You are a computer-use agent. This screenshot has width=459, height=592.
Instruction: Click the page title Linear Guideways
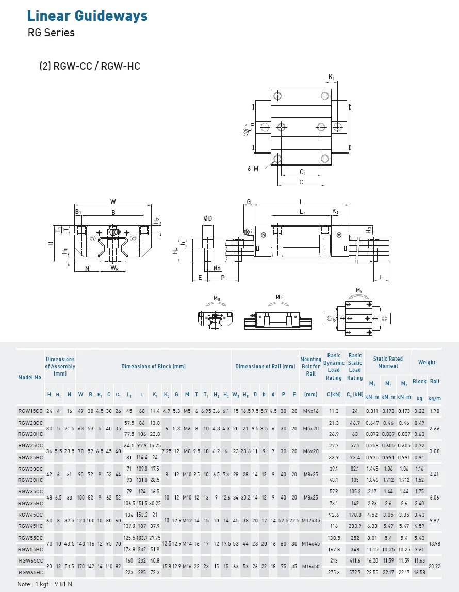pyautogui.click(x=87, y=15)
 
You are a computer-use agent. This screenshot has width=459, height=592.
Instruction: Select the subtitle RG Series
pyautogui.click(x=51, y=33)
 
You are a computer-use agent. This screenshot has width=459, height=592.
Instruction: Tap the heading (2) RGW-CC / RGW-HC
pyautogui.click(x=90, y=66)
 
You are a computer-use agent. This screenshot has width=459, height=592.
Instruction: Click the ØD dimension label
pyautogui.click(x=208, y=219)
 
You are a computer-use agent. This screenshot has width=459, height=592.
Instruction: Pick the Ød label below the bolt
pyautogui.click(x=217, y=268)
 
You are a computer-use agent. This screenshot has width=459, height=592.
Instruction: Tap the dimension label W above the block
pyautogui.click(x=113, y=201)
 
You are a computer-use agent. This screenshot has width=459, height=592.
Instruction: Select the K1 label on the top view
pyautogui.click(x=332, y=78)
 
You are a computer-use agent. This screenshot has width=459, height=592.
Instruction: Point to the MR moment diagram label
pyautogui.click(x=217, y=298)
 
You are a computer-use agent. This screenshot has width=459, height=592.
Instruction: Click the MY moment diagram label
pyautogui.click(x=359, y=291)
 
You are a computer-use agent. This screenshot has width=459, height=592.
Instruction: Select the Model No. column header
pyautogui.click(x=30, y=377)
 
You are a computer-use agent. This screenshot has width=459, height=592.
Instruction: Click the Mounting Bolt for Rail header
pyautogui.click(x=310, y=366)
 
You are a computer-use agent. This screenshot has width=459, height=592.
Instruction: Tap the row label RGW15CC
pyautogui.click(x=30, y=411)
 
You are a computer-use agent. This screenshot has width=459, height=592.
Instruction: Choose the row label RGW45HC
pyautogui.click(x=30, y=526)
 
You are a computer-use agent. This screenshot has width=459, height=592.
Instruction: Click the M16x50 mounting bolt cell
pyautogui.click(x=310, y=566)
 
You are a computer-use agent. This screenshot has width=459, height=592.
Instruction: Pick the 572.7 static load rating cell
pyautogui.click(x=355, y=572)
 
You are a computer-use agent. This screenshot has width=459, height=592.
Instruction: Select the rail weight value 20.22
pyautogui.click(x=435, y=566)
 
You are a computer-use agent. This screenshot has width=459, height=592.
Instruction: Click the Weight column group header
pyautogui.click(x=427, y=362)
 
